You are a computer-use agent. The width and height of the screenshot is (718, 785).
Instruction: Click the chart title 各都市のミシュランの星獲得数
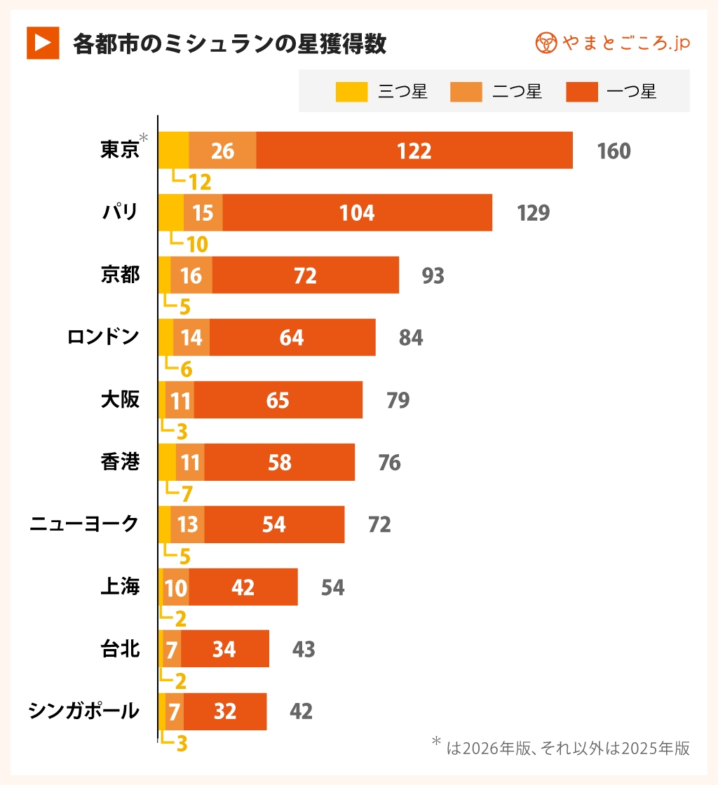coord(230,43)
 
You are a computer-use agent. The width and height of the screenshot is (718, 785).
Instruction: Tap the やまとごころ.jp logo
coord(613,43)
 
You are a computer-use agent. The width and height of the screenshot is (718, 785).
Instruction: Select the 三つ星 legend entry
coord(381,91)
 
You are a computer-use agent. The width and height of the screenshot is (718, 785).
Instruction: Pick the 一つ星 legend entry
coord(611,91)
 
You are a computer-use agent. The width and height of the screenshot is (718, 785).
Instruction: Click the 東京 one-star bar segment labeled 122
coord(414,151)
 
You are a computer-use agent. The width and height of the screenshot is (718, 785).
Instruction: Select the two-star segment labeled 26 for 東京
coord(222,151)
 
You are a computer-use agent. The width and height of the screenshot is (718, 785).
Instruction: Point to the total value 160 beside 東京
coord(614,151)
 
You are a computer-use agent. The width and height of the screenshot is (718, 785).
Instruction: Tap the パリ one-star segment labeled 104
coord(357,213)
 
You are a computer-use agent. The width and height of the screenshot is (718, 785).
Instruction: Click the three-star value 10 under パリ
coord(197,244)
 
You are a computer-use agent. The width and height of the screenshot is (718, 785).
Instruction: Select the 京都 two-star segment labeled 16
coord(191,275)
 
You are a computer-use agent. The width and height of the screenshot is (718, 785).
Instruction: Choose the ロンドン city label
coord(103,337)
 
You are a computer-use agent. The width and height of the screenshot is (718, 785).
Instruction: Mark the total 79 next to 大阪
coord(398,400)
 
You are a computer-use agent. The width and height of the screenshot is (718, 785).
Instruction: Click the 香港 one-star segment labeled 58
coord(279,463)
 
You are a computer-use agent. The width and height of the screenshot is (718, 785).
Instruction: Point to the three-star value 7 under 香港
coord(187,493)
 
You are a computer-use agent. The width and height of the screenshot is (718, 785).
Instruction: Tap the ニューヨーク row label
coord(84,524)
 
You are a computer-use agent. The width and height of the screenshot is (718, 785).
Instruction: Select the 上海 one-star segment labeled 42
coord(243,587)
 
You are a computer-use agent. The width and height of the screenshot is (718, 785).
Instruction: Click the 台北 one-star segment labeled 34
coord(224,650)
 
